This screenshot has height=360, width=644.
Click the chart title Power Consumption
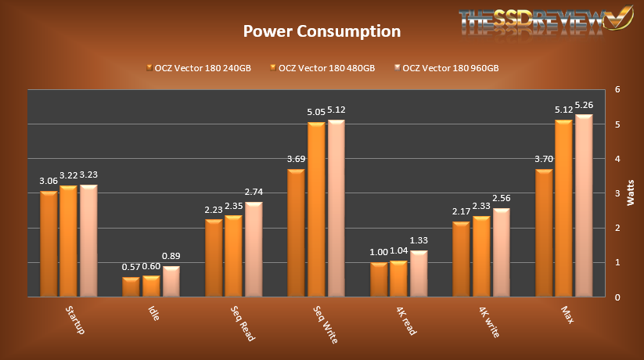click(x=322, y=31)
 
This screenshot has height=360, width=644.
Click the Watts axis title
click(x=631, y=193)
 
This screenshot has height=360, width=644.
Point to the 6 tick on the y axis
click(x=617, y=89)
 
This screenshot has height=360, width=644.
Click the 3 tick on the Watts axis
click(x=617, y=193)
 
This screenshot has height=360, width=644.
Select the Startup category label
click(x=74, y=320)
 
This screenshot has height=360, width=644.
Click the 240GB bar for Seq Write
click(x=297, y=232)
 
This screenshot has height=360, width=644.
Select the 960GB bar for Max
click(x=584, y=206)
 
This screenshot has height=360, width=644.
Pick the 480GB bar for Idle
click(x=151, y=286)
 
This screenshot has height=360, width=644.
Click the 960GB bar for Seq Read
click(x=254, y=249)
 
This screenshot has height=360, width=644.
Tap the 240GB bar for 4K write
click(x=461, y=259)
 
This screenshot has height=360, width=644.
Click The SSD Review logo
click(x=540, y=21)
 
